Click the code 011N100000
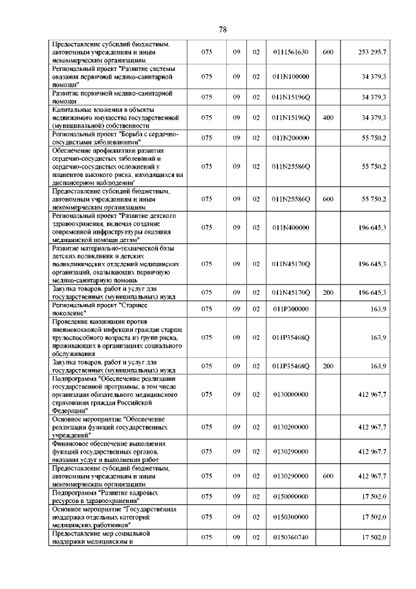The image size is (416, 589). coord(291,77)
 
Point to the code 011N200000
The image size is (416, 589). coord(291,138)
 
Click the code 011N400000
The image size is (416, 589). coord(291,227)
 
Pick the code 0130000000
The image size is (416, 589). coord(291,394)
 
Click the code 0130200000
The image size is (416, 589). coord(291,426)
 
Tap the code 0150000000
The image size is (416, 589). coord(291,497)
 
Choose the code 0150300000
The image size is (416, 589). coord(291,517)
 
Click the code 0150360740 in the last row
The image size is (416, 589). coord(291,537)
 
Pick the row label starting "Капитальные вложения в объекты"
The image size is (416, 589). coord(114,117)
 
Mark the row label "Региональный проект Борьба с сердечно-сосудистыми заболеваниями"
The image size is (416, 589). coord(114,138)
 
